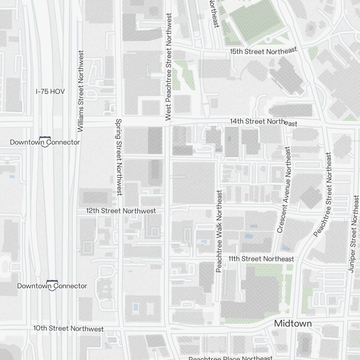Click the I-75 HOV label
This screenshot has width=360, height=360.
pyautogui.click(x=50, y=92)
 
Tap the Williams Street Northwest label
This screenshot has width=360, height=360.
pyautogui.click(x=80, y=91)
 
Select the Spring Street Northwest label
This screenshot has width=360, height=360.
pyautogui.click(x=119, y=157)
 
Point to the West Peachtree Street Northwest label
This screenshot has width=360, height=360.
pyautogui.click(x=168, y=67)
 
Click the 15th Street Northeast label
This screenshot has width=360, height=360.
pyautogui.click(x=264, y=51)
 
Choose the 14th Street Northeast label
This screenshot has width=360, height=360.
pyautogui.click(x=264, y=122)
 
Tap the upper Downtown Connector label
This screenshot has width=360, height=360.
pyautogui.click(x=45, y=142)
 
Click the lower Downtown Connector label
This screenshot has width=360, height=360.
pyautogui.click(x=52, y=286)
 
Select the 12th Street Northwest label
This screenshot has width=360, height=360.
pyautogui.click(x=121, y=211)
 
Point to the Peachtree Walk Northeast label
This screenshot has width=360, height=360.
pyautogui.click(x=219, y=231)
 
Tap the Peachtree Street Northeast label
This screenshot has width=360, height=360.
pyautogui.click(x=323, y=194)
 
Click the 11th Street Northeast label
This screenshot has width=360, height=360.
pyautogui.click(x=261, y=259)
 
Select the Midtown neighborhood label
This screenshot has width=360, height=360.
pyautogui.click(x=293, y=323)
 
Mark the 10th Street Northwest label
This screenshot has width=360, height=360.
pyautogui.click(x=68, y=328)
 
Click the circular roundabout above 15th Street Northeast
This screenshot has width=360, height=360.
pyautogui.click(x=268, y=39)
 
